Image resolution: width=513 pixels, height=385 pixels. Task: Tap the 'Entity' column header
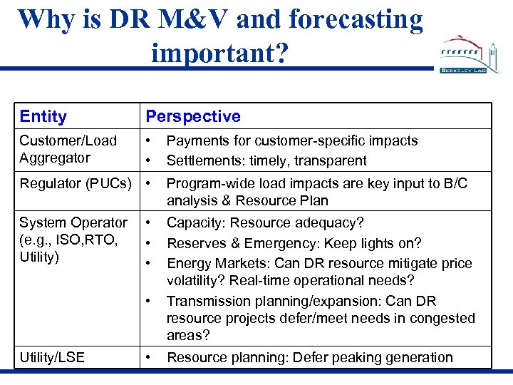(43, 116)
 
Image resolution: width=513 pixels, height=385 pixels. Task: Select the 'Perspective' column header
(193, 116)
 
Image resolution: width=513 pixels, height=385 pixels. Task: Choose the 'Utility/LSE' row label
(51, 357)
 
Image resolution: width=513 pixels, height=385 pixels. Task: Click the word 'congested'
(440, 318)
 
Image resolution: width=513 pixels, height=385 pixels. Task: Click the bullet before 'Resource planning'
(147, 356)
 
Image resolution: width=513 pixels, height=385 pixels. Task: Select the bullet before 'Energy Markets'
(147, 263)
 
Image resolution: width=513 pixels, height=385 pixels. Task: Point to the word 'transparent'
(331, 160)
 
